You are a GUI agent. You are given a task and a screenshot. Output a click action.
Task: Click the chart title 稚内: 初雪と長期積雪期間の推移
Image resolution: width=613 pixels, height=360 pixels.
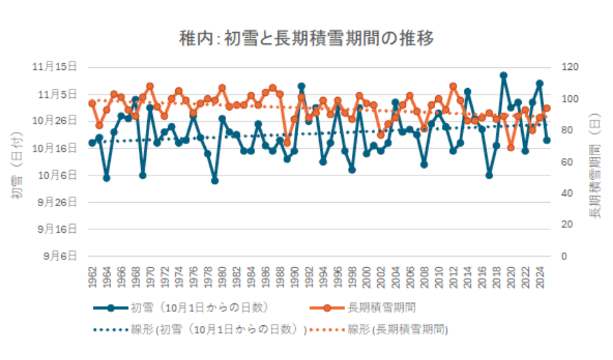(x=306, y=39)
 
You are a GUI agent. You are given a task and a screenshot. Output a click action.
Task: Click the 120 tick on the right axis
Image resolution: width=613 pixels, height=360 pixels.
(x=568, y=67)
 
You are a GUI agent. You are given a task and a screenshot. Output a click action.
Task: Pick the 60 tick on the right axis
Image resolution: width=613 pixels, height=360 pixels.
(x=566, y=161)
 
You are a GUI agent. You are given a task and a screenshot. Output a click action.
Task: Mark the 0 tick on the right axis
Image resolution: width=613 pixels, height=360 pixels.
(x=563, y=256)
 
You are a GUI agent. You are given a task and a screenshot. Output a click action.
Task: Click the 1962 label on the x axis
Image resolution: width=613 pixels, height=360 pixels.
(x=93, y=275)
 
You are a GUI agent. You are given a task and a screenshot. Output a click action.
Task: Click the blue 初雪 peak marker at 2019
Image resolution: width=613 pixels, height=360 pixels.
(x=504, y=75)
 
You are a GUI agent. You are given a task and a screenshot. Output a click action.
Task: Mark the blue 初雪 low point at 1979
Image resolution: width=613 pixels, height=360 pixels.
(x=215, y=181)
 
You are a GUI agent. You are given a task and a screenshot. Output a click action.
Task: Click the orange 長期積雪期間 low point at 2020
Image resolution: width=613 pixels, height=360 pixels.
(x=511, y=147)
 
